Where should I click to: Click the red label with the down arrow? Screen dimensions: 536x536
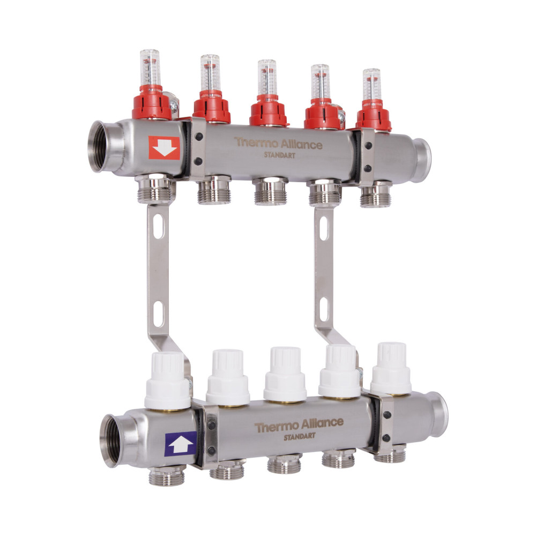(x=164, y=148)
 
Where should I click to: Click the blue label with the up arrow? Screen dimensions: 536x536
(x=181, y=444)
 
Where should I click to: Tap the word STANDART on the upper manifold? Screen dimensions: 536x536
(x=280, y=155)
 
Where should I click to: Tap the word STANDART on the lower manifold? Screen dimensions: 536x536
(x=300, y=437)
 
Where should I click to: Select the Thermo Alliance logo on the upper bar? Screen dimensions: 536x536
(x=278, y=143)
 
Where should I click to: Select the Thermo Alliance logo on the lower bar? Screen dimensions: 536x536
(x=299, y=425)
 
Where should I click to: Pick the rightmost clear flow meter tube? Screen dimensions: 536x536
(x=372, y=85)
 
